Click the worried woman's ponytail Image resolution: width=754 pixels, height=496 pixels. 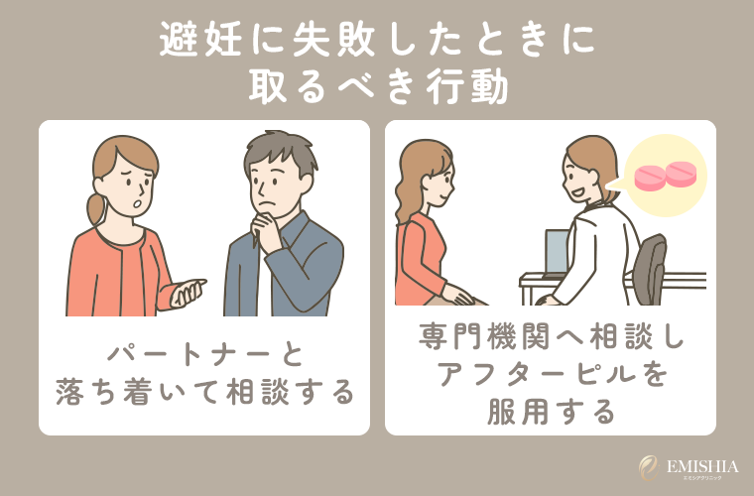[x=96, y=207]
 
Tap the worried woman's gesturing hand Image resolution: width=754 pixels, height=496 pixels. [x=188, y=292]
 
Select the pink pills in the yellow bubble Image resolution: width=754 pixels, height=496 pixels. [x=665, y=175]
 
